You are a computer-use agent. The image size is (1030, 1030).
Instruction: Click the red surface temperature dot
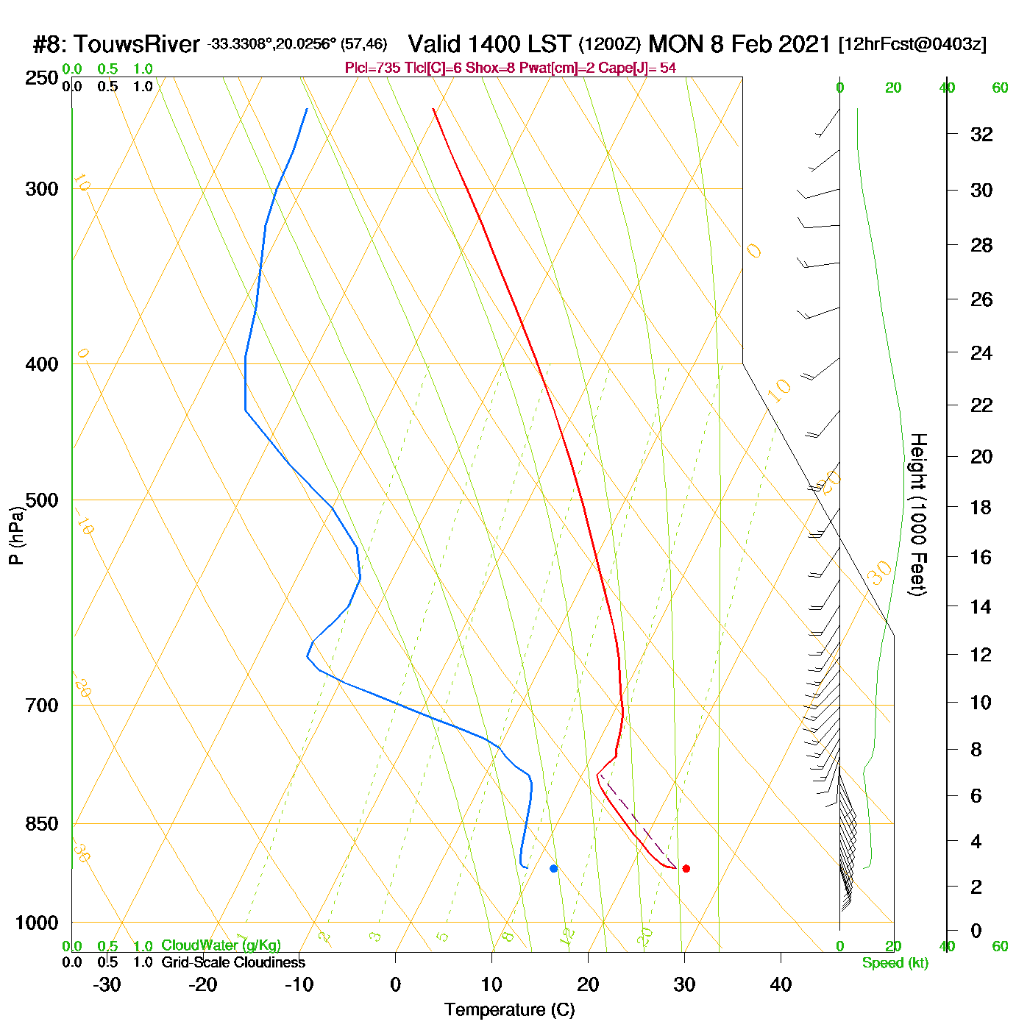686,868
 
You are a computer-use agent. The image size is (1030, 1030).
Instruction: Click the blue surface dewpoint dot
553,868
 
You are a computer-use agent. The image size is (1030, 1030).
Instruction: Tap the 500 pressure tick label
42,500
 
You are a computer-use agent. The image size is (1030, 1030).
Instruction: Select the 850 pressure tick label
42,824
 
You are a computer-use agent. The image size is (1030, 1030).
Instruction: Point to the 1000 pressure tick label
37,923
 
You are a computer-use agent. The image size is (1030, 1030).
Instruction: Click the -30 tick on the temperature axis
107,984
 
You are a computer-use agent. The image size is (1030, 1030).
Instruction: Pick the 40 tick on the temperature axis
781,984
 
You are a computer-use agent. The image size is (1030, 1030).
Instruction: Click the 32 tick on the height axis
981,134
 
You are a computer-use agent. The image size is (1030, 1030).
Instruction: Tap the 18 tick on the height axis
981,507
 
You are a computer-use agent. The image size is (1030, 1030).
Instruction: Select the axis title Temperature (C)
509,1010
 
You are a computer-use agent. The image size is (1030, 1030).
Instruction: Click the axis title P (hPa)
16,536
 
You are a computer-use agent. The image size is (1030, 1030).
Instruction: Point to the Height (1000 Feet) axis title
918,514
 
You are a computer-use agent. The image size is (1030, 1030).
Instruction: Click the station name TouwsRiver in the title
137,44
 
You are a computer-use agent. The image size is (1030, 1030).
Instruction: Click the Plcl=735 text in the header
373,68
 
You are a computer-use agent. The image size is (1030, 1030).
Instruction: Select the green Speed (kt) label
895,963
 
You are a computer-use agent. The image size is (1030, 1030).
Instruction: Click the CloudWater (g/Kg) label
221,945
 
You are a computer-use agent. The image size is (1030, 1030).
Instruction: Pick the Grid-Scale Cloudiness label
233,962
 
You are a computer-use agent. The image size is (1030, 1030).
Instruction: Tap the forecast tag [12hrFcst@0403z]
912,44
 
